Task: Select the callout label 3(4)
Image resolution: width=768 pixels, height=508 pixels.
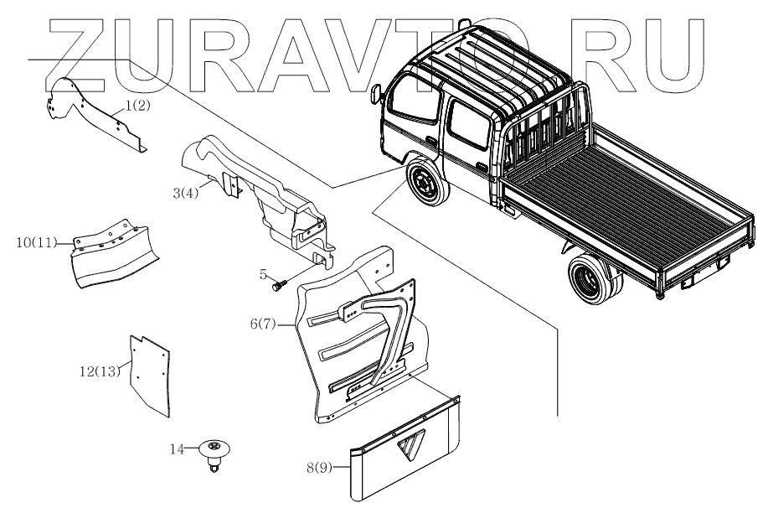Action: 185,194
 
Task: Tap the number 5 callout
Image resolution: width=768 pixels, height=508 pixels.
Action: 263,273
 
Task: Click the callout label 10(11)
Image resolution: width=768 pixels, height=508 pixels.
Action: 36,243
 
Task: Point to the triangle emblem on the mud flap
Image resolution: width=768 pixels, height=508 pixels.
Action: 412,448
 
